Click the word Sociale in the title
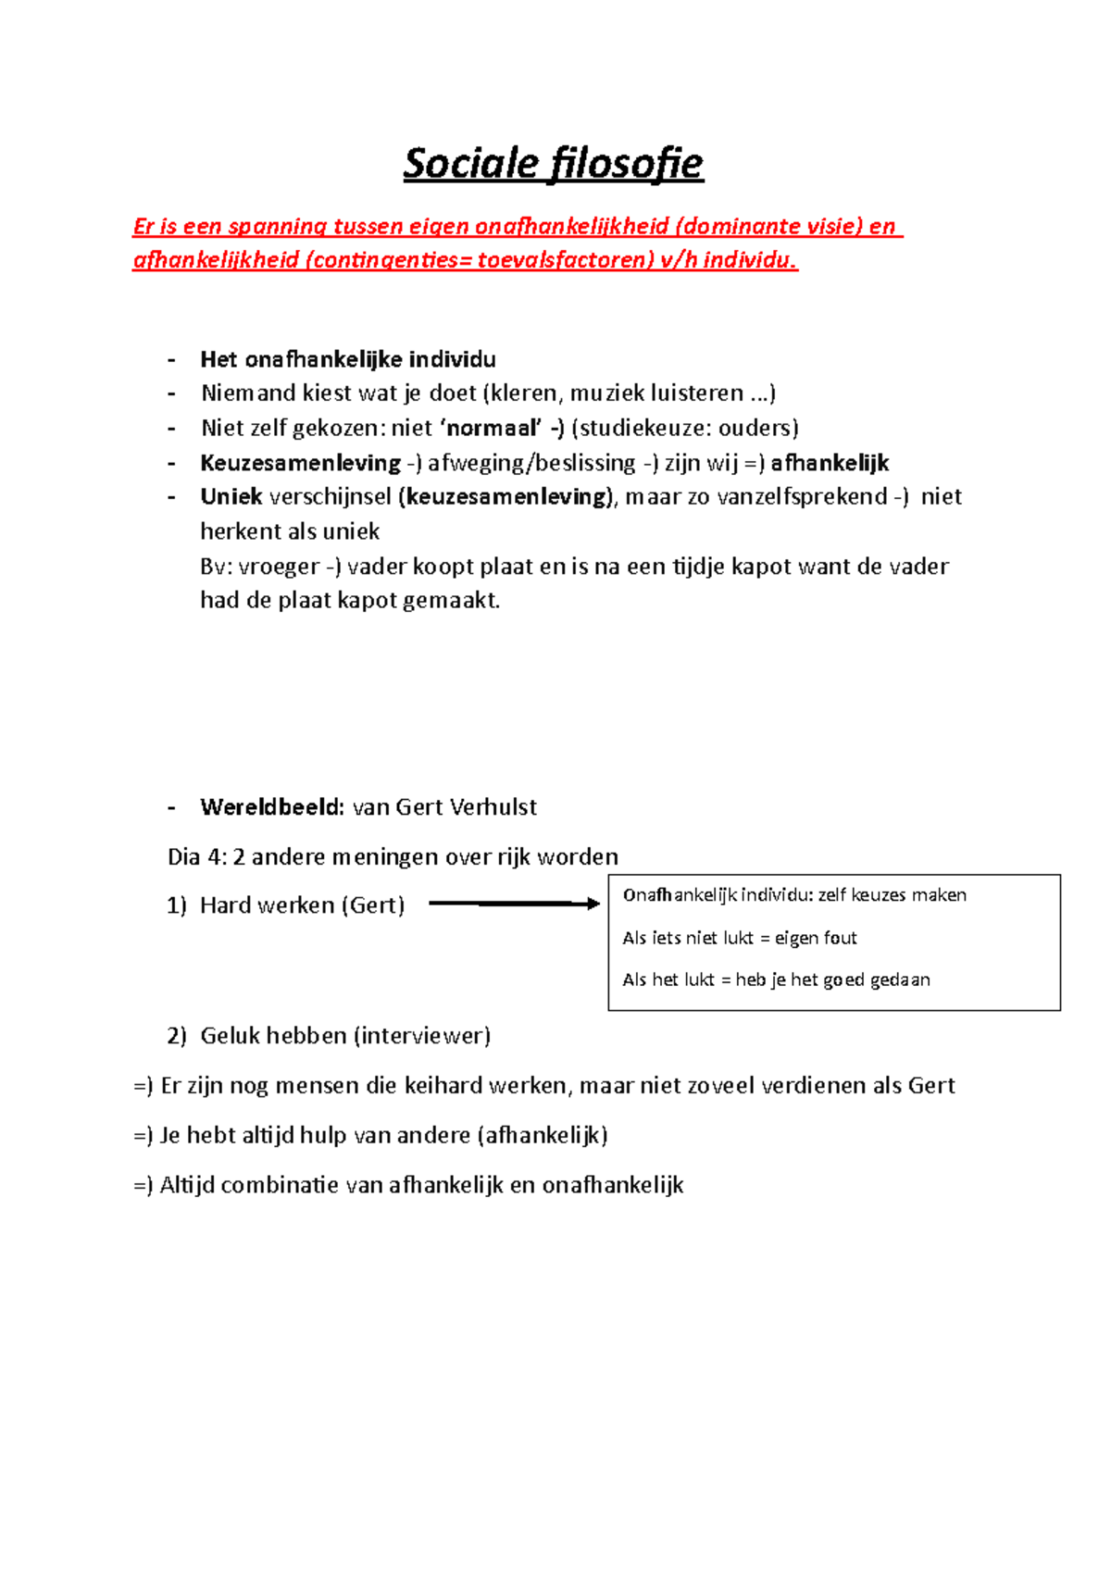point(470,164)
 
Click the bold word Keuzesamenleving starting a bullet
point(300,463)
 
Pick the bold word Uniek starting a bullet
point(231,497)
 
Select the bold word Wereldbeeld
point(271,807)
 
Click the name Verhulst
point(493,807)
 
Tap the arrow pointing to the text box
point(514,904)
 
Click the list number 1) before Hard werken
point(177,905)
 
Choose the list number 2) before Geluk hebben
point(177,1036)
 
